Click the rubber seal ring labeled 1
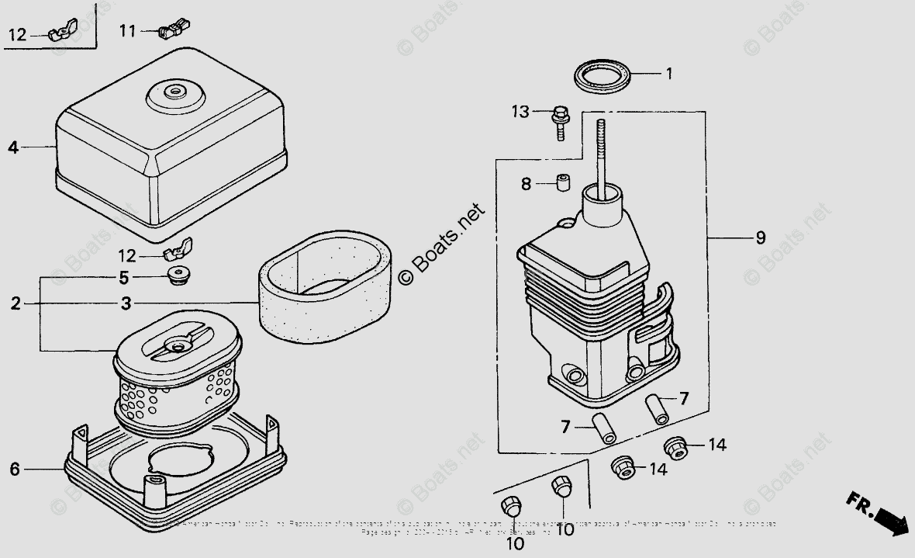pos(602,78)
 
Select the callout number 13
pos(520,112)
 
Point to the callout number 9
pos(760,237)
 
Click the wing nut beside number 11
pos(174,30)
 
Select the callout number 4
pos(12,147)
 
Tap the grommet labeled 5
pos(179,276)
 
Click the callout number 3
pos(126,303)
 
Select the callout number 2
pos(16,303)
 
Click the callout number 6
pos(14,469)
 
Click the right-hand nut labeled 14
pos(675,446)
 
